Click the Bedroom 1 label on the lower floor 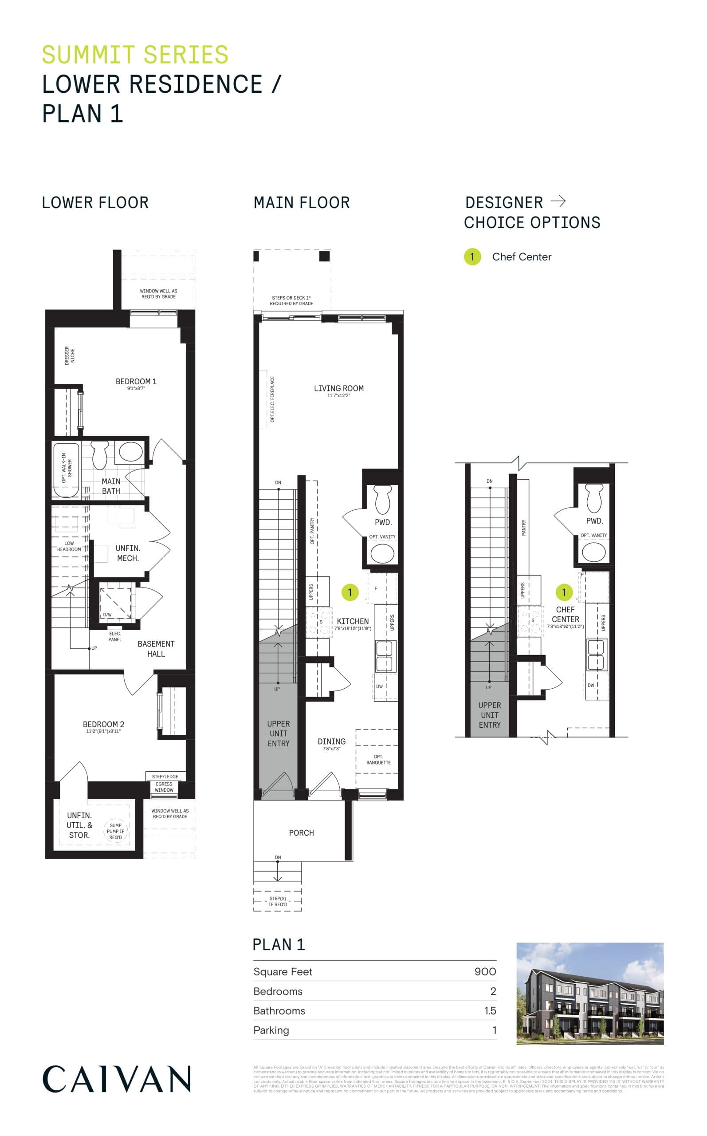click(x=136, y=382)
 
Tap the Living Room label click(x=338, y=389)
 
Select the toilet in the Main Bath click(x=100, y=454)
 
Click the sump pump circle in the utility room click(x=115, y=831)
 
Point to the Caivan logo click(x=117, y=1078)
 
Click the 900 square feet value click(x=485, y=971)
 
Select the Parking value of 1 click(x=494, y=1030)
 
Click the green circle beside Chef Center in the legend click(x=472, y=257)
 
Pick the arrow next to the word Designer click(x=558, y=201)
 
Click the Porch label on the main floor click(x=301, y=833)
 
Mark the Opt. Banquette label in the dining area click(x=378, y=760)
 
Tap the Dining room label click(x=331, y=742)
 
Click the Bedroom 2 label click(x=103, y=725)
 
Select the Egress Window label click(x=164, y=787)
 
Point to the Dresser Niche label click(x=70, y=355)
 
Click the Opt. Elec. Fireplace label click(x=273, y=399)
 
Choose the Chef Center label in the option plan click(x=566, y=615)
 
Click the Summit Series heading click(x=135, y=55)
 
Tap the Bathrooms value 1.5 click(x=490, y=1011)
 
